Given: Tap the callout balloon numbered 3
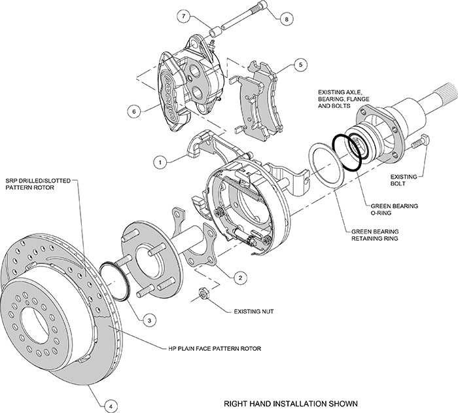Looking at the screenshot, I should click(150, 320).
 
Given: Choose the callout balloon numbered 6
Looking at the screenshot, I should click(135, 111).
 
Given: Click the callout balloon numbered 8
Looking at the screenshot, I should click(285, 20).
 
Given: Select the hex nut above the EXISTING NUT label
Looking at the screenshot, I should click(204, 293).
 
